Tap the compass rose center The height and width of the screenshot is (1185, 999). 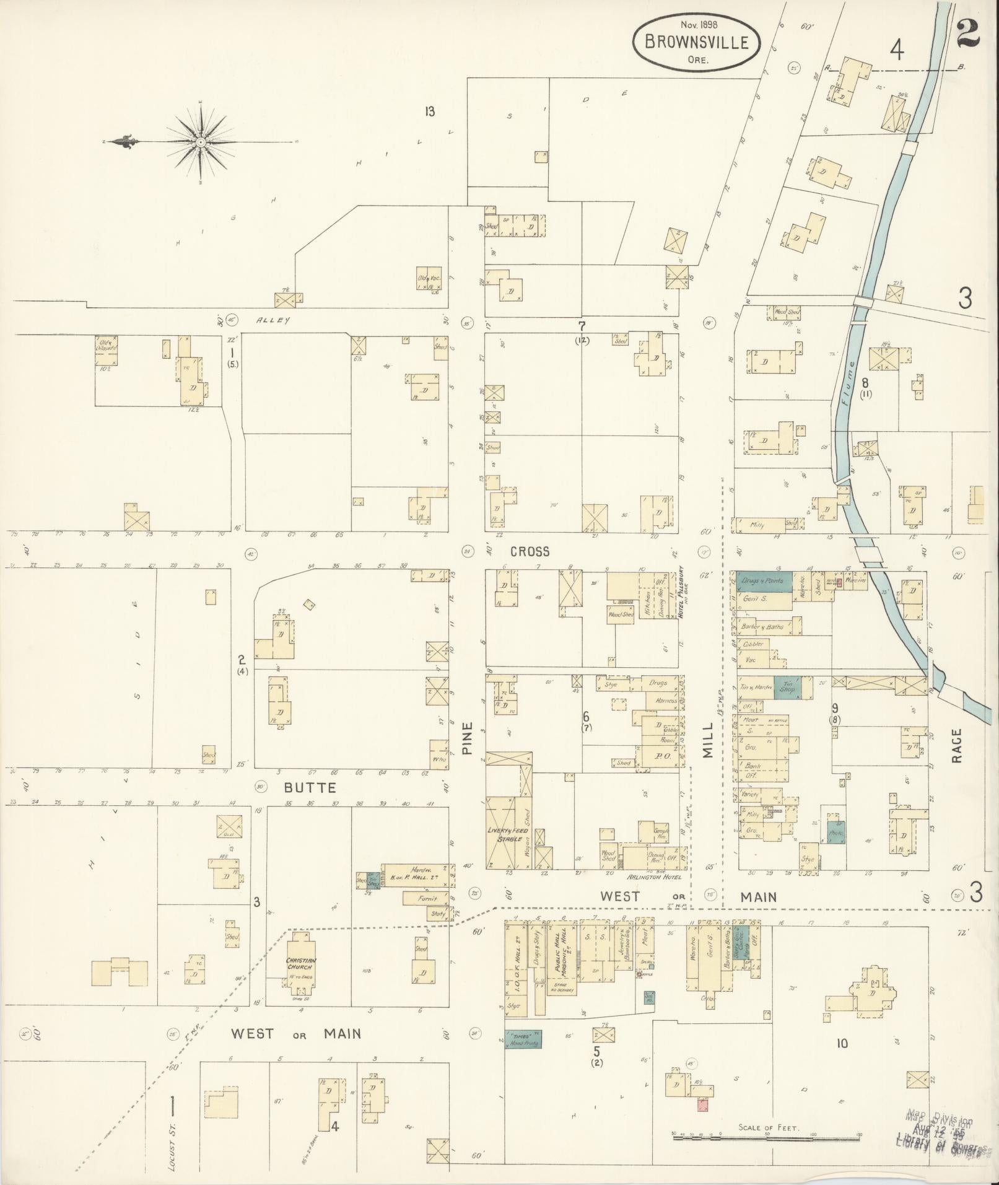(x=201, y=142)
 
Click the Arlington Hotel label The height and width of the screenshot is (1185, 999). (x=655, y=877)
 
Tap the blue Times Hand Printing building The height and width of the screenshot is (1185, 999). (x=523, y=1039)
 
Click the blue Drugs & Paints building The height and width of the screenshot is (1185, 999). (x=764, y=582)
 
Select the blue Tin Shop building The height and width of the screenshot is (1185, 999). (x=787, y=688)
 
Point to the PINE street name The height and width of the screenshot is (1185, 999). (x=468, y=738)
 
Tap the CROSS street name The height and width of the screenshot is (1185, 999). (x=530, y=551)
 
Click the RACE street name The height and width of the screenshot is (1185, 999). (x=957, y=746)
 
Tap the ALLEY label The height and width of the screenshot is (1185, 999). (x=273, y=320)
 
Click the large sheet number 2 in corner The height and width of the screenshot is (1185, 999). (x=967, y=32)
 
